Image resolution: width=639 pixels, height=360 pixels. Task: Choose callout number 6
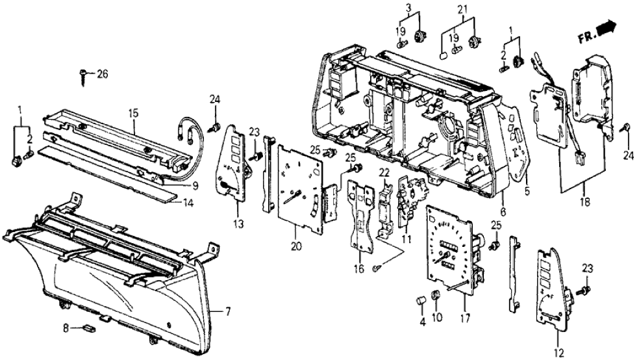(503, 212)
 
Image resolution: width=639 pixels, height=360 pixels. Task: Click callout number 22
(384, 172)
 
